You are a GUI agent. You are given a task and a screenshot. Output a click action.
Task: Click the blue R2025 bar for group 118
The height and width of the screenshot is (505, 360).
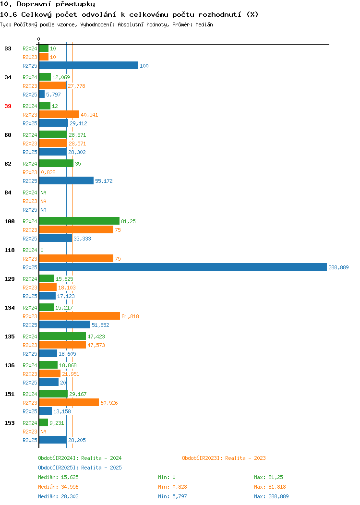pyautogui.click(x=183, y=267)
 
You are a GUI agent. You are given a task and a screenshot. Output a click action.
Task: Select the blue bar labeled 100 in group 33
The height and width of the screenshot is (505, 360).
pyautogui.click(x=88, y=65)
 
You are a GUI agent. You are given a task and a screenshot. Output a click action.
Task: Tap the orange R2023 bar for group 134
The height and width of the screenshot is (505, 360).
pyautogui.click(x=80, y=316)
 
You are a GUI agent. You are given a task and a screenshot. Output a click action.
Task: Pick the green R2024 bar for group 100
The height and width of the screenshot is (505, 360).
pyautogui.click(x=79, y=221)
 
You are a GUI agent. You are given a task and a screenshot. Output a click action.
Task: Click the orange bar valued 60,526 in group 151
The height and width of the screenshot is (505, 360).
pyautogui.click(x=69, y=402)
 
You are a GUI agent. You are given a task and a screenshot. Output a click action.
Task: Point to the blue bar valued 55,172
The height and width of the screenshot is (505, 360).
pyautogui.click(x=66, y=180)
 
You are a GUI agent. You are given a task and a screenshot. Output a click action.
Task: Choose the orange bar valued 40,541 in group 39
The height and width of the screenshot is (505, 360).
pyautogui.click(x=59, y=114)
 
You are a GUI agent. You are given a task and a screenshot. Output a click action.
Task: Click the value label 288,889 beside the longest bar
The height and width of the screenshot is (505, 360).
pyautogui.click(x=338, y=267)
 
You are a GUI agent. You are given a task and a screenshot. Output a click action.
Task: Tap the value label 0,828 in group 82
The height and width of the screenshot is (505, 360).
pyautogui.click(x=48, y=172)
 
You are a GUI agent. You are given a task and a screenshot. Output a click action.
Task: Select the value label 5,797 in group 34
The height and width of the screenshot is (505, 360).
pyautogui.click(x=53, y=95)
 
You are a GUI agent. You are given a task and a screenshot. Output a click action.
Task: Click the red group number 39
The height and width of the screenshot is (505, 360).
pyautogui.click(x=8, y=106)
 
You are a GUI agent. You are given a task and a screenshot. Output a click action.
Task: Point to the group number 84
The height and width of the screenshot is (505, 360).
pyautogui.click(x=8, y=192)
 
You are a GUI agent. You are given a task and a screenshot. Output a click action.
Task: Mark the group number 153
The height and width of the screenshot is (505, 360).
pyautogui.click(x=10, y=423)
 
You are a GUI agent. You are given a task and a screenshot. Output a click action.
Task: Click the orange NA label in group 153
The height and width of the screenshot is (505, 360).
pyautogui.click(x=44, y=432)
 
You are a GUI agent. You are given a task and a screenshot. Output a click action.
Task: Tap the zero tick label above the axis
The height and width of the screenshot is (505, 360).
pyautogui.click(x=39, y=39)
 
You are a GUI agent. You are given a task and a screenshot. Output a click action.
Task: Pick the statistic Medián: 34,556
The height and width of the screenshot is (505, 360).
pyautogui.click(x=58, y=487)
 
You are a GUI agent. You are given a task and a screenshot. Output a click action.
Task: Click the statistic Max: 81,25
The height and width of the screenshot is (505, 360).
pyautogui.click(x=268, y=477)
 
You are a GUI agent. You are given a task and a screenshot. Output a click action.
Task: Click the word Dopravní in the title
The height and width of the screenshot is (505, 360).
pyautogui.click(x=34, y=4)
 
